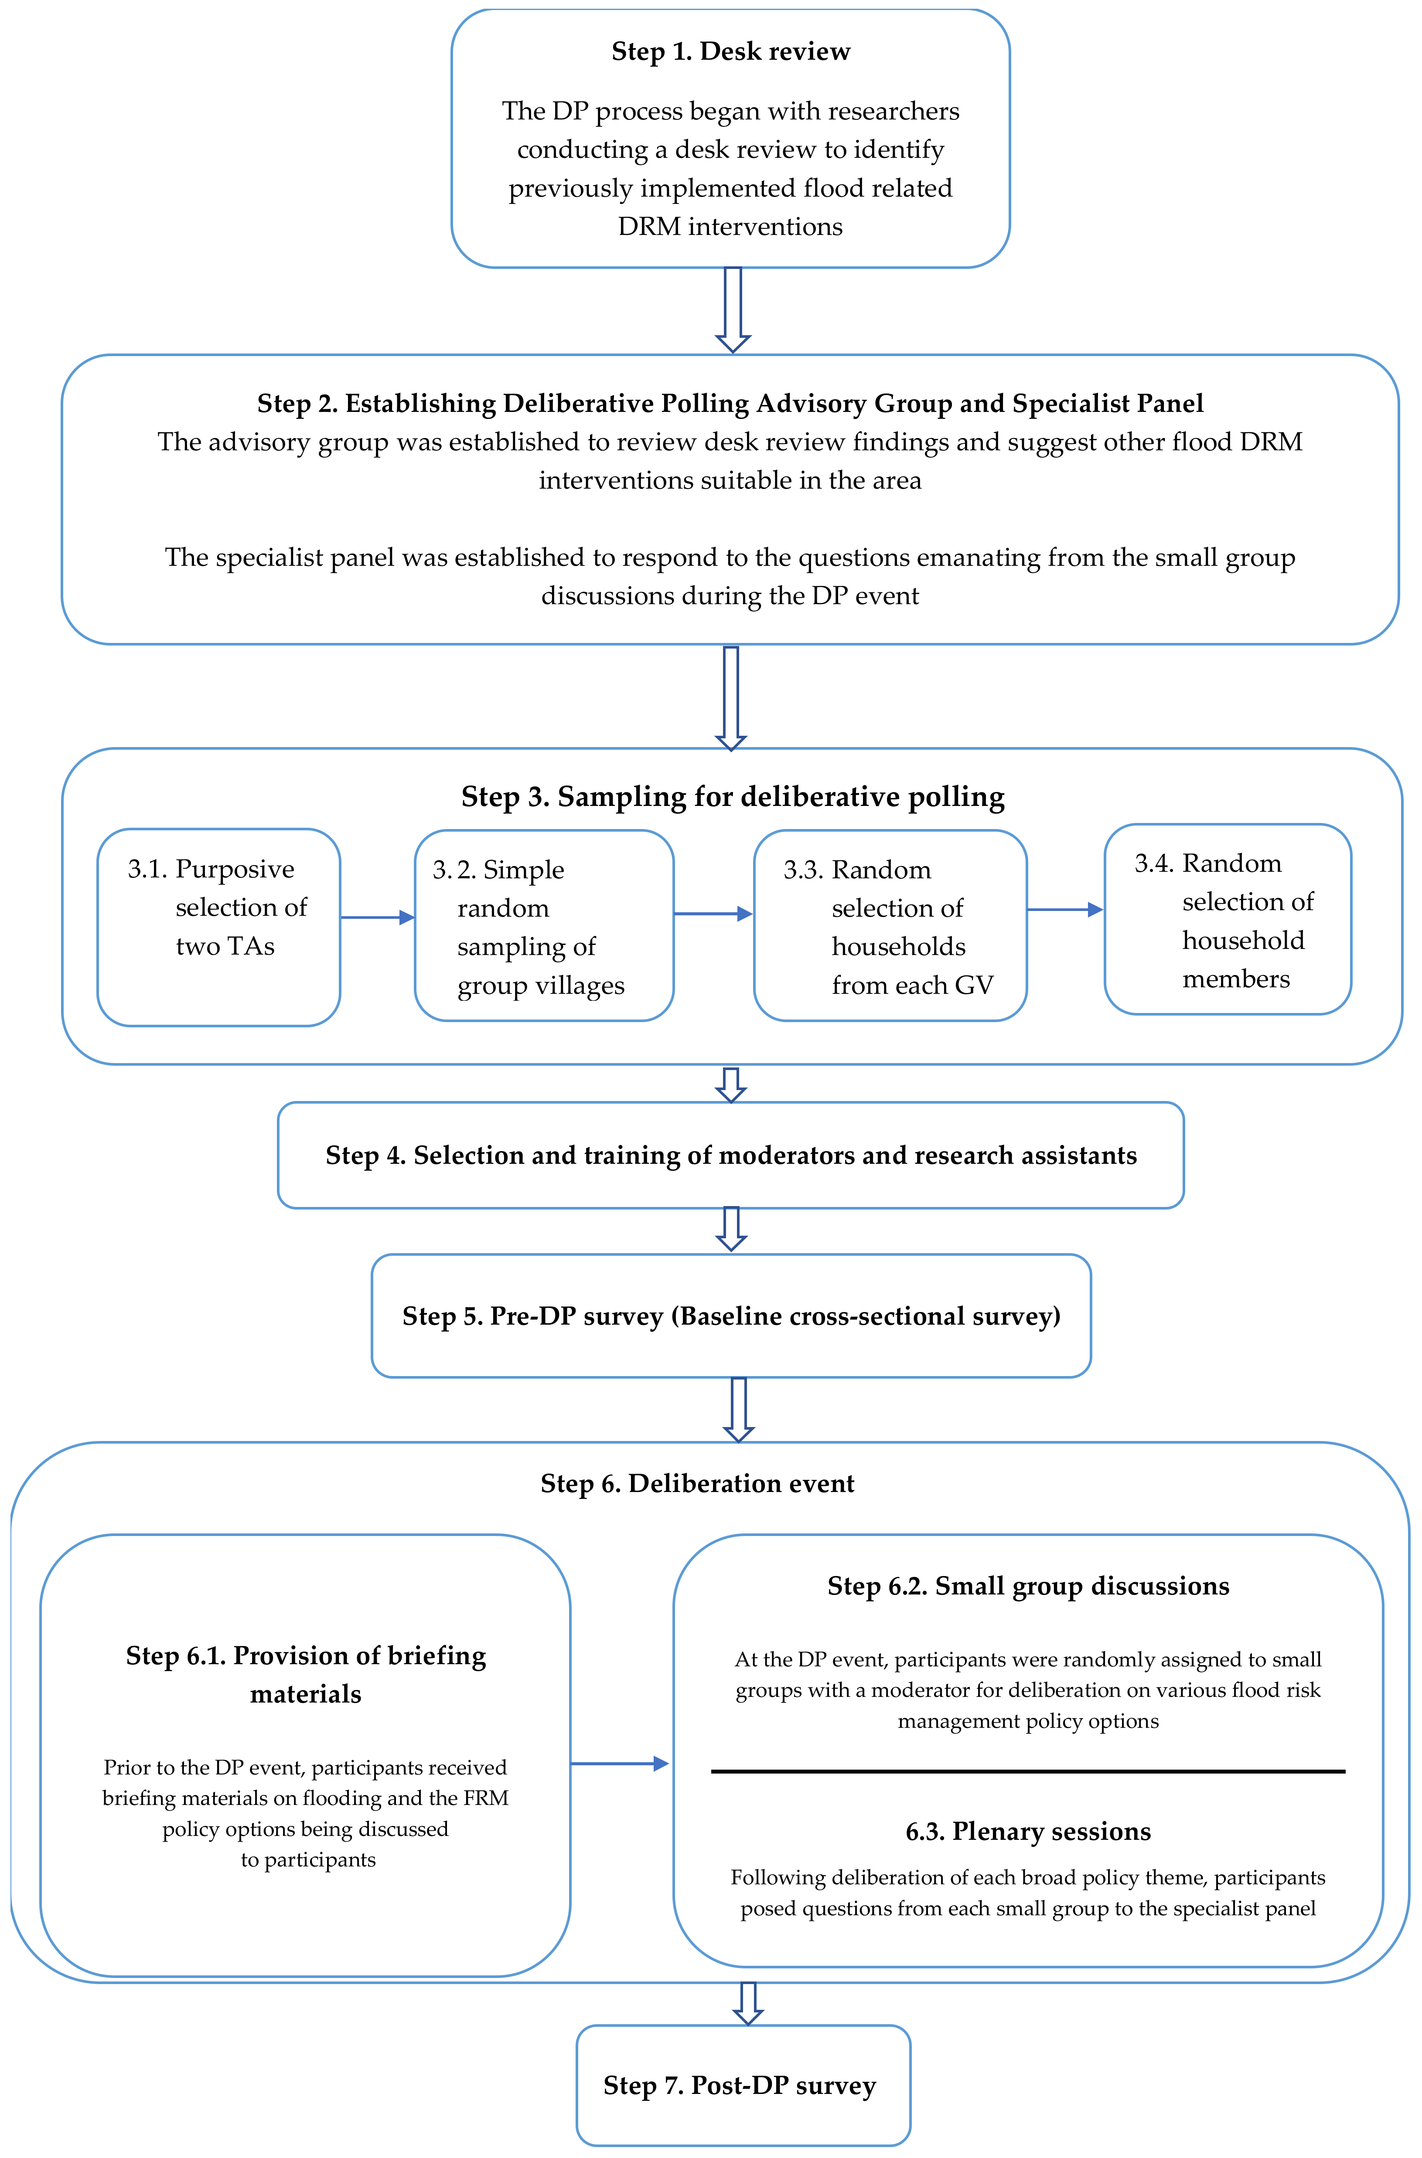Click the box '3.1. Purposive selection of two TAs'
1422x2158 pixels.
[x=218, y=927]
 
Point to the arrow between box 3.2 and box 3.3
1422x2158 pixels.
[x=713, y=914]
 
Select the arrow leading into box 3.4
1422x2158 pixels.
[x=1065, y=909]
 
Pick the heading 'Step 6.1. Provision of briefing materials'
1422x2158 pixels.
[x=306, y=1674]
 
